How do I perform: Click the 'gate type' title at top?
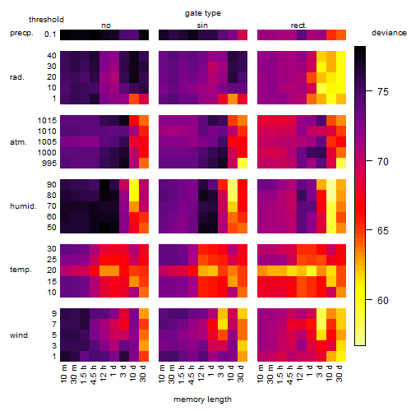[x=203, y=13]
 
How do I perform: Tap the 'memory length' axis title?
[x=202, y=399]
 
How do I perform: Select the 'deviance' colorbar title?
[x=389, y=33]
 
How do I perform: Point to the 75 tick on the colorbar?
[x=369, y=91]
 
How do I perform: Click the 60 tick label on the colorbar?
[x=383, y=301]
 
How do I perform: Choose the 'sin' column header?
[x=202, y=25]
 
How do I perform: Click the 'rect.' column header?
[x=298, y=25]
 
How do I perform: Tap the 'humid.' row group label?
[x=23, y=206]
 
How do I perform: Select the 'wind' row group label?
[x=19, y=335]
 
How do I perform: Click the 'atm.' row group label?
[x=18, y=142]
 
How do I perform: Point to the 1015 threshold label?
[x=47, y=121]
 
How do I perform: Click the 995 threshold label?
[x=49, y=164]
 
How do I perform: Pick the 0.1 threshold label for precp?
[x=50, y=35]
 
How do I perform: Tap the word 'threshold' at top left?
[x=46, y=20]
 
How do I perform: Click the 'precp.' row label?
[x=21, y=33]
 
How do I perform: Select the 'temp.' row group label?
[x=21, y=270]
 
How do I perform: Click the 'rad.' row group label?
[x=17, y=77]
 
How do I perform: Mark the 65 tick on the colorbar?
[x=369, y=230]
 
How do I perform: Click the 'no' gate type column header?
[x=106, y=25]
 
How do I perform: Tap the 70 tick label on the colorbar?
[x=383, y=162]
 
